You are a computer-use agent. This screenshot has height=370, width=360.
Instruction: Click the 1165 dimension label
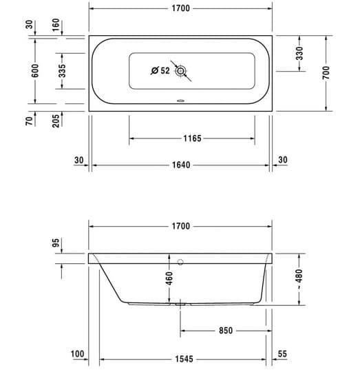pyautogui.click(x=192, y=138)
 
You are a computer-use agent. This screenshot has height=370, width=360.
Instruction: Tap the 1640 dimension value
pyautogui.click(x=181, y=165)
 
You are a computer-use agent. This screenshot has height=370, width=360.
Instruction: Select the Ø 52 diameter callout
pyautogui.click(x=160, y=70)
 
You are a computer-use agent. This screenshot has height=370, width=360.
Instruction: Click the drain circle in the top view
pyautogui.click(x=181, y=71)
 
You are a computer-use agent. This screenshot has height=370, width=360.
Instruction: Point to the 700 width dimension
pyautogui.click(x=326, y=72)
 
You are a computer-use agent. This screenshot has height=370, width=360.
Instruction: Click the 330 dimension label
pyautogui.click(x=299, y=53)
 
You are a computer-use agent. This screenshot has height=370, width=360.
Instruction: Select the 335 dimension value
pyautogui.click(x=62, y=71)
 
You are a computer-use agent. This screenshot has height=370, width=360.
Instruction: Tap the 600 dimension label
pyautogui.click(x=35, y=70)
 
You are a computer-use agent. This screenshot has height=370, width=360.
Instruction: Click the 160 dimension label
pyautogui.click(x=56, y=25)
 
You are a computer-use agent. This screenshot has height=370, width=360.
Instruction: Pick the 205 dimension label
pyautogui.click(x=56, y=121)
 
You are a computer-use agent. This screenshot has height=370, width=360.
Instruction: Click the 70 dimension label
pyautogui.click(x=29, y=121)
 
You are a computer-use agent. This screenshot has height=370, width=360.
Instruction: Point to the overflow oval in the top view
pyautogui.click(x=181, y=101)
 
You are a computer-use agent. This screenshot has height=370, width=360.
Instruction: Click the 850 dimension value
pyautogui.click(x=226, y=331)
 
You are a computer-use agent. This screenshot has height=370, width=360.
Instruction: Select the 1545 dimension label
pyautogui.click(x=184, y=359)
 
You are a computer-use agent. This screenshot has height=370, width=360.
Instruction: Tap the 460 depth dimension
pyautogui.click(x=169, y=278)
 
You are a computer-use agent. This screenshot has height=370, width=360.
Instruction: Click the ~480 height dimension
pyautogui.click(x=299, y=279)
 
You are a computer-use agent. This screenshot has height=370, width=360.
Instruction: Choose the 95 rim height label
pyautogui.click(x=56, y=243)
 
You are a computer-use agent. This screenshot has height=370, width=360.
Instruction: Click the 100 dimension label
pyautogui.click(x=77, y=354)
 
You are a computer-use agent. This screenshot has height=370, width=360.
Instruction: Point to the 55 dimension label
pyautogui.click(x=282, y=354)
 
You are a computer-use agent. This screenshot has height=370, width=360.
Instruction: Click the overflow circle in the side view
pyautogui.click(x=180, y=262)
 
